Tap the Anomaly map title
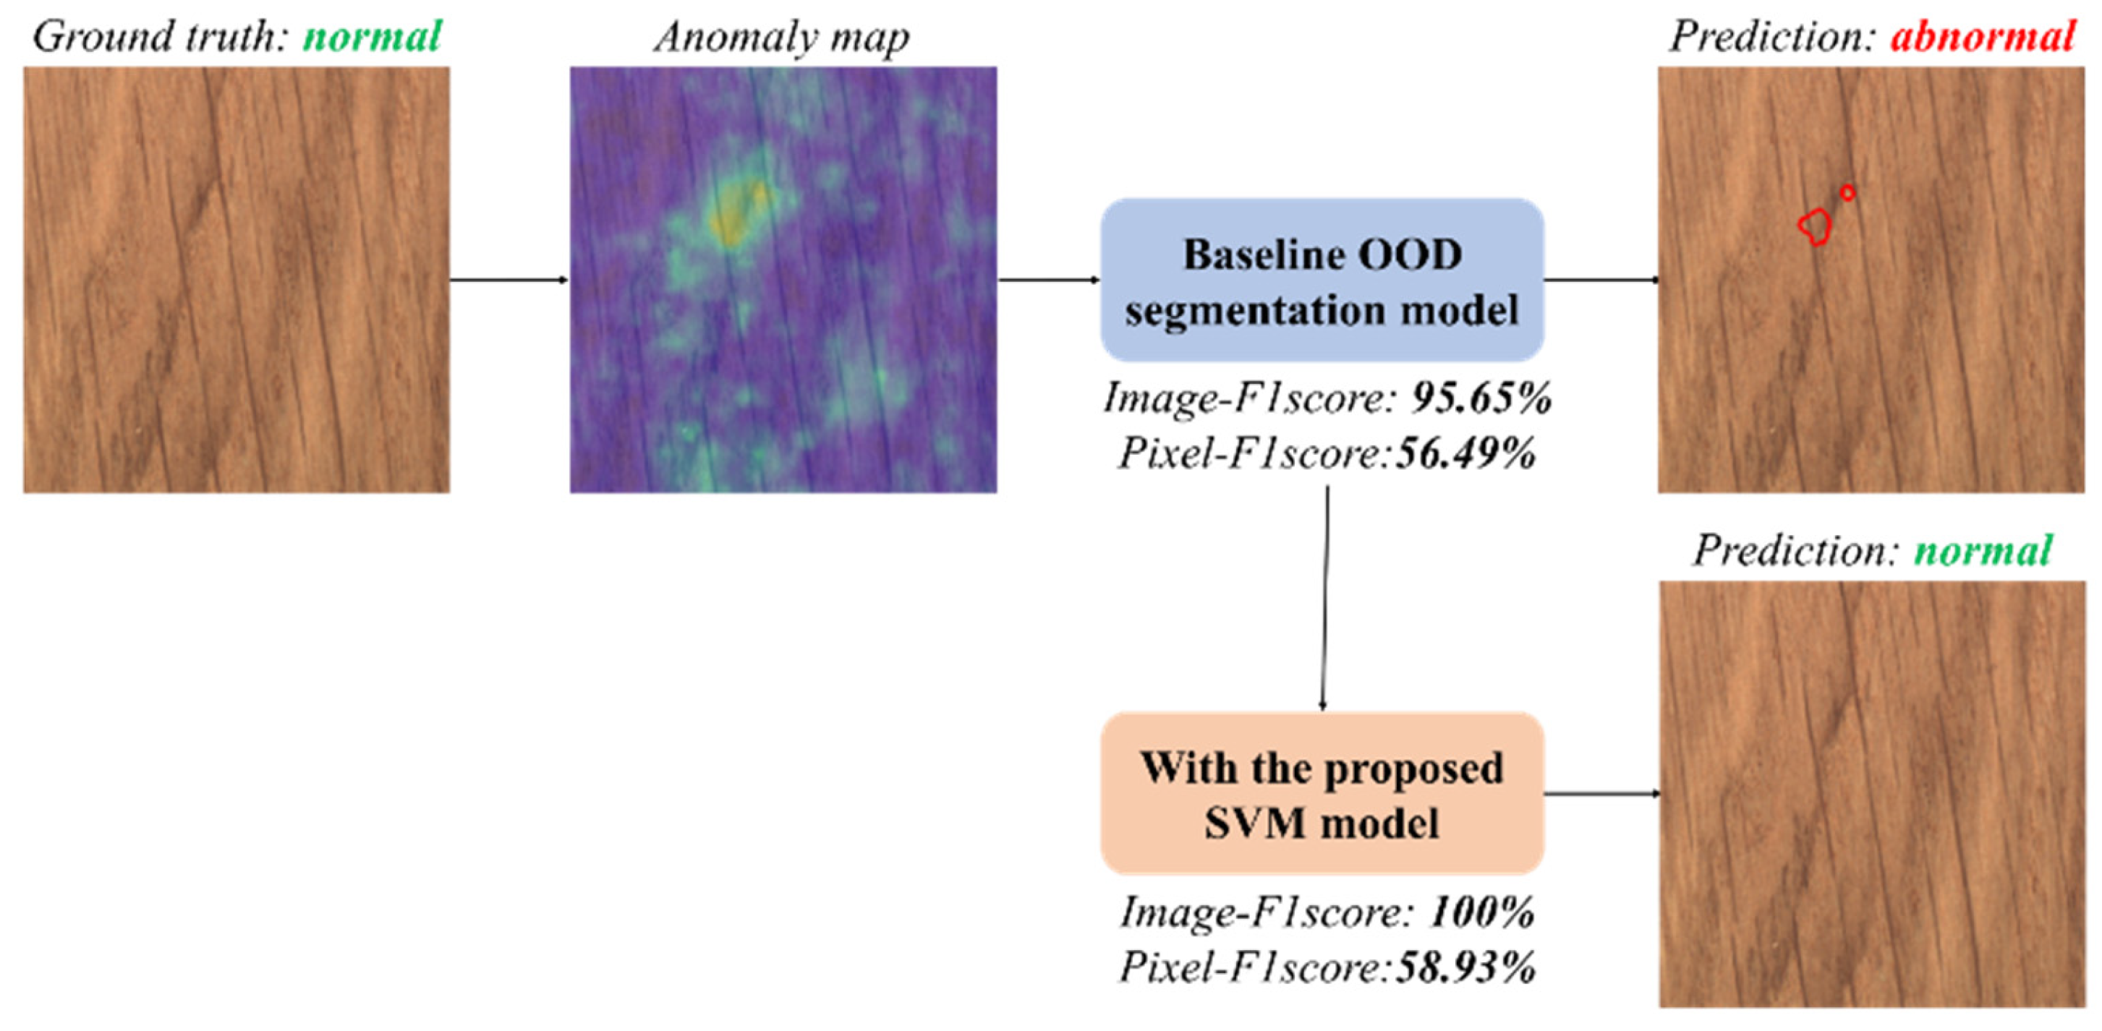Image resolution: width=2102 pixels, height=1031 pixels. pyautogui.click(x=782, y=38)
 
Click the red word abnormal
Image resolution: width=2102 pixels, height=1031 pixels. pyautogui.click(x=1982, y=38)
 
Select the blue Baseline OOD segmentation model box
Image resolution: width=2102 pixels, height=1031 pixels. pyautogui.click(x=1322, y=280)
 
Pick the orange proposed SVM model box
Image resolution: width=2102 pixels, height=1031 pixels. pyautogui.click(x=1322, y=794)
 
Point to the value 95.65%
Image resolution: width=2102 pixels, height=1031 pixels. pyautogui.click(x=1481, y=399)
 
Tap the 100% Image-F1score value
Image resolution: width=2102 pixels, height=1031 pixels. pyautogui.click(x=1481, y=912)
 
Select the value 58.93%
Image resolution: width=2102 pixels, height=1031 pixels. pyautogui.click(x=1465, y=968)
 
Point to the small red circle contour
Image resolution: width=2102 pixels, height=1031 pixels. pyautogui.click(x=1848, y=192)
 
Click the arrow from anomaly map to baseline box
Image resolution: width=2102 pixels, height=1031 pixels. pyautogui.click(x=1049, y=280)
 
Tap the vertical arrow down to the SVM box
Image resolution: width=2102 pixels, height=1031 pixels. pyautogui.click(x=1325, y=599)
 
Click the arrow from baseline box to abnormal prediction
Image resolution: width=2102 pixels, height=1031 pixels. pyautogui.click(x=1601, y=280)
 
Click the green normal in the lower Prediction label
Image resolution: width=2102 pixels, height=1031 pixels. pyautogui.click(x=1983, y=552)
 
